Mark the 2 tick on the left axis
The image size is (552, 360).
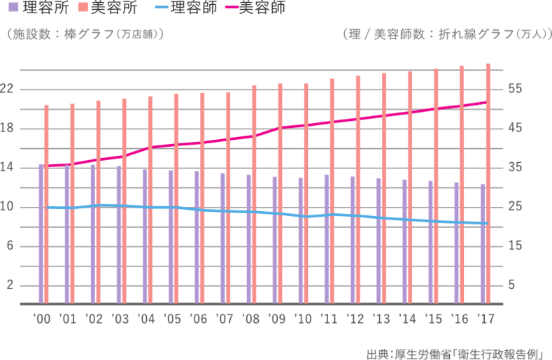point(10,285)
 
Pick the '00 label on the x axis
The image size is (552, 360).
point(41,319)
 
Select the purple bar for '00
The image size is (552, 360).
point(41,233)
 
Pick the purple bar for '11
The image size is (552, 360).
point(326,238)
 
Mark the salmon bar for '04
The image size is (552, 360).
point(150,199)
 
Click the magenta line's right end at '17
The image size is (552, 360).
point(486,102)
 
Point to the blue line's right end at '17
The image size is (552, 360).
point(486,224)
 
